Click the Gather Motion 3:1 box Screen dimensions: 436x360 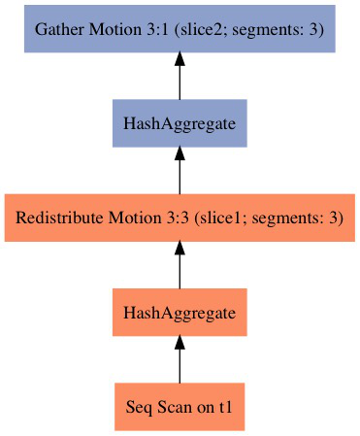pyautogui.click(x=180, y=29)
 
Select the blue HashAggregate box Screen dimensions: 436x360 pyautogui.click(x=180, y=123)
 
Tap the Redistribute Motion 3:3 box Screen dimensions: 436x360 pyautogui.click(x=180, y=218)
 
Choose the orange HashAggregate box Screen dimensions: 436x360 pyautogui.click(x=180, y=313)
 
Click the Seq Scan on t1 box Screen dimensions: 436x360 pyautogui.click(x=180, y=407)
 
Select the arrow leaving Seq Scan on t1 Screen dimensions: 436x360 pyautogui.click(x=180, y=361)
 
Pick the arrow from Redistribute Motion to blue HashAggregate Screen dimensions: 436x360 pyautogui.click(x=180, y=172)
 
